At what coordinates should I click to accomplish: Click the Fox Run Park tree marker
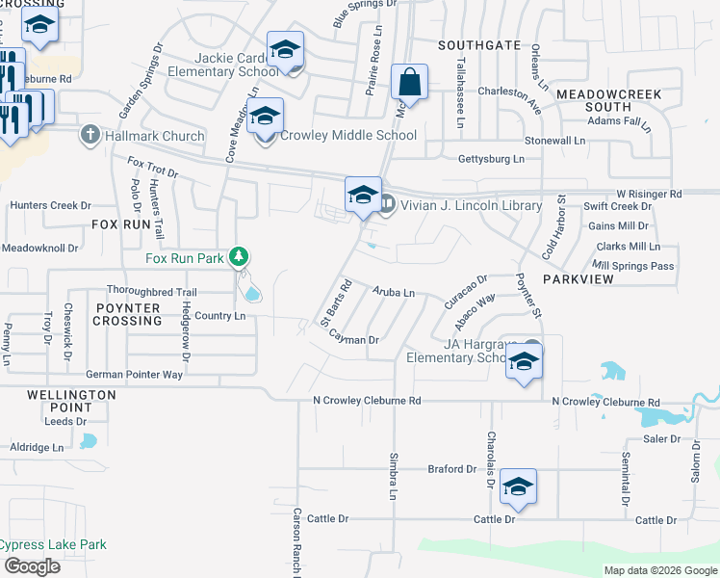pos(240,257)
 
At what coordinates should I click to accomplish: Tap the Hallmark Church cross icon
pos(90,135)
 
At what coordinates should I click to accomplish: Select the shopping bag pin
pos(409,84)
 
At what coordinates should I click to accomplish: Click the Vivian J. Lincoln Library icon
pos(387,203)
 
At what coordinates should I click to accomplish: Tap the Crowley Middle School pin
pos(265,118)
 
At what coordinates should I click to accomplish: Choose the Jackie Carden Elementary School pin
pos(285,50)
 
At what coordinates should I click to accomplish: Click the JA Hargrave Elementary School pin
pos(524,362)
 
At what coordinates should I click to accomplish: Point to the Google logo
pos(32,566)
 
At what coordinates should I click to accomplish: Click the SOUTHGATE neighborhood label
pos(478,45)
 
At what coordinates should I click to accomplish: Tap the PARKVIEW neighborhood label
pos(578,278)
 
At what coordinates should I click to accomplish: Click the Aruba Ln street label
pos(394,292)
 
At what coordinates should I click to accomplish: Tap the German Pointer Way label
pos(134,375)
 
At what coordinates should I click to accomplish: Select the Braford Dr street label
pos(452,469)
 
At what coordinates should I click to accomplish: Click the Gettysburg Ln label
pos(491,158)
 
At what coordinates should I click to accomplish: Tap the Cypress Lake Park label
pos(52,545)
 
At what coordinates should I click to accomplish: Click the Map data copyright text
pos(659,570)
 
